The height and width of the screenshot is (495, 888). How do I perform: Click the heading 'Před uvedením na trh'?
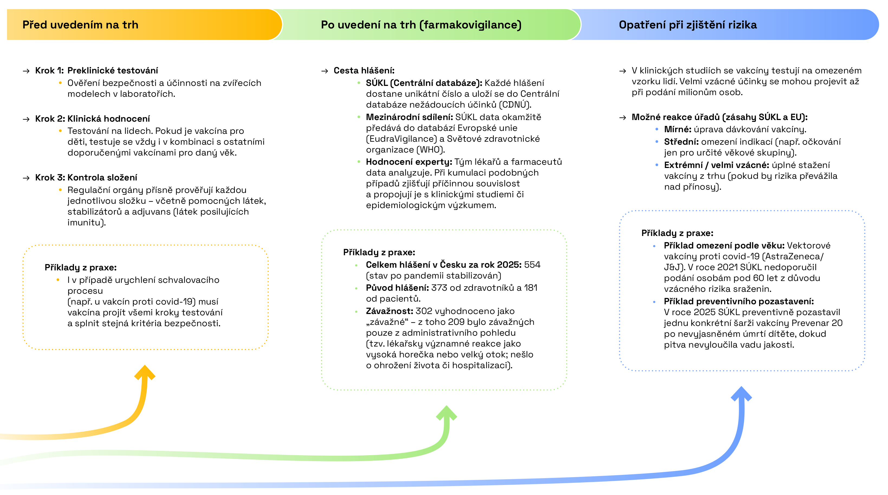coord(80,25)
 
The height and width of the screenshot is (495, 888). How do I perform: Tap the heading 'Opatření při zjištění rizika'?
coord(688,25)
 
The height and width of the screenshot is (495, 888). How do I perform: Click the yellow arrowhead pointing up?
coord(145,372)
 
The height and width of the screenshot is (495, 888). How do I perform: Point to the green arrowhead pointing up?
coord(446,413)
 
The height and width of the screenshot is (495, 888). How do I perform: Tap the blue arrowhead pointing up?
coord(741,393)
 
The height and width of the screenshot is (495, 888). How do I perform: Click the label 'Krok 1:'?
coord(49,71)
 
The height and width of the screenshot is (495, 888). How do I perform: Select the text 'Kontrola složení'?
coord(102,177)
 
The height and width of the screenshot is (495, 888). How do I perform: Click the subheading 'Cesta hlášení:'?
coord(364,71)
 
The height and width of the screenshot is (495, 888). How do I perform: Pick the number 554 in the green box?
coord(532,265)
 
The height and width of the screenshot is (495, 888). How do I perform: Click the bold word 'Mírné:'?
coord(678,130)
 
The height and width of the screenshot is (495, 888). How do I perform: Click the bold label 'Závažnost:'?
coord(390,311)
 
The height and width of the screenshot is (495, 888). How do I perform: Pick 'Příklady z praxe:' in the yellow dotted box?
coord(81,267)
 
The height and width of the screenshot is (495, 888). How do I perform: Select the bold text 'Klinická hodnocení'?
coord(109,119)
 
